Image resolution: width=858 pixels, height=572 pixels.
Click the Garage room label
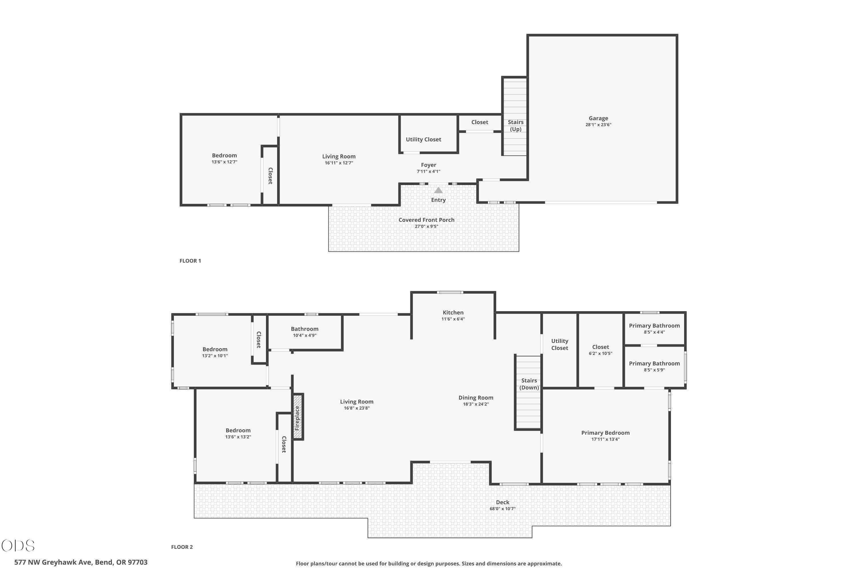point(598,118)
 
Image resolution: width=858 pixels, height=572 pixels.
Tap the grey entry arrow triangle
point(438,190)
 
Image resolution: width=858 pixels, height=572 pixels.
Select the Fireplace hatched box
point(298,417)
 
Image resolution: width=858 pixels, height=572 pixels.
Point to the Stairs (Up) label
point(515,126)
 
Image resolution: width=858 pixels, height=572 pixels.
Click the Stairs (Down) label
point(529,384)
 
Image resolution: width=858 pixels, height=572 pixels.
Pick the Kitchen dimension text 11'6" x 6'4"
point(453,319)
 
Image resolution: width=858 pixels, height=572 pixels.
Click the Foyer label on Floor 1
point(429,165)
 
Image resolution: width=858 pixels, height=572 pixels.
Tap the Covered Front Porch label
point(426,220)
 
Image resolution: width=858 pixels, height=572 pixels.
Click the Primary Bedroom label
point(605,433)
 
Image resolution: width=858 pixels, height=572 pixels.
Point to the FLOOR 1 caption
point(190,261)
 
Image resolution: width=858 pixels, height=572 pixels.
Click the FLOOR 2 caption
point(182,547)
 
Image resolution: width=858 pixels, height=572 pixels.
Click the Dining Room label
point(476,398)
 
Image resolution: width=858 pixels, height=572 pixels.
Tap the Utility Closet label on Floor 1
point(424,139)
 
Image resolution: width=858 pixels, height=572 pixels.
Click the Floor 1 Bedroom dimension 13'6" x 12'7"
point(224,162)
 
